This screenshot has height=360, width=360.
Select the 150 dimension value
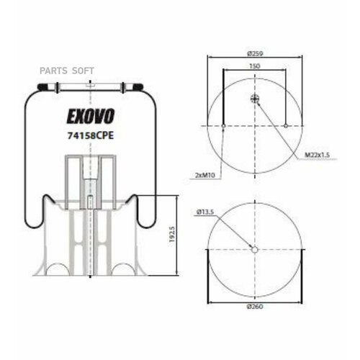(255, 66)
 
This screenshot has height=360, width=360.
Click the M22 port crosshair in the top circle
(255, 99)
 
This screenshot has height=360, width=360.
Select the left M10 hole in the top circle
(224, 127)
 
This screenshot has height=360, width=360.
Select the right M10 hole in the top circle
(286, 127)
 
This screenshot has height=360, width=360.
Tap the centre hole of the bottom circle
(254, 249)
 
